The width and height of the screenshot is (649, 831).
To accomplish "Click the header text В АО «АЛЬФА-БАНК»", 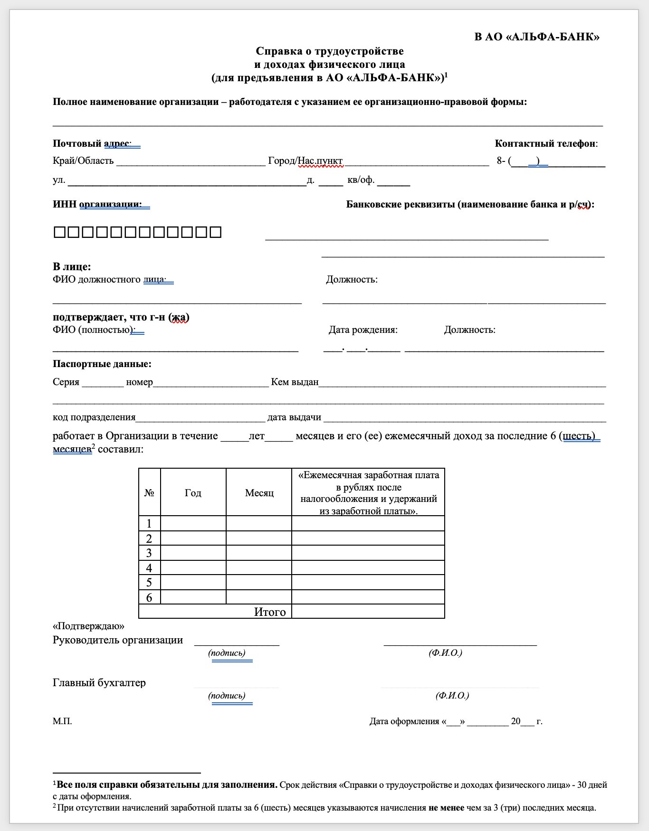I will click(536, 37).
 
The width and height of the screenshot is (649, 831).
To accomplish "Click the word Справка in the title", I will click(275, 51).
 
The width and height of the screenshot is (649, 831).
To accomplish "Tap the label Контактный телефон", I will click(545, 143).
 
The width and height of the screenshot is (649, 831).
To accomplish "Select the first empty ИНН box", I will click(59, 232).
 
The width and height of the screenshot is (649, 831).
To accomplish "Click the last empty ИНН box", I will click(216, 232).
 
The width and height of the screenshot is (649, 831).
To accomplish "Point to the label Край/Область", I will click(83, 161).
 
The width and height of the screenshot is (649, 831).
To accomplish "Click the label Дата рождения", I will click(363, 330).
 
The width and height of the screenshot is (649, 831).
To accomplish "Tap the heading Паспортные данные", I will click(102, 364).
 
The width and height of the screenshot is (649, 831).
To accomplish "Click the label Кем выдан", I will click(295, 382).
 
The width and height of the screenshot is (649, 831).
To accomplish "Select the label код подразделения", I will click(94, 417).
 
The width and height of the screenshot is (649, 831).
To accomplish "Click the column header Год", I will click(193, 493).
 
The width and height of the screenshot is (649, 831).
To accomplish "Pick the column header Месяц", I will click(259, 493).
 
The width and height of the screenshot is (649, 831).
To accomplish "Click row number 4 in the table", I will click(149, 568).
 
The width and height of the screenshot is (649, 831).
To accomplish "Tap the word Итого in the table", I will click(270, 612).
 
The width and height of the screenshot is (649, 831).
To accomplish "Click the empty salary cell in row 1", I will click(368, 523).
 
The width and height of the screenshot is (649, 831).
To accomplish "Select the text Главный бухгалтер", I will click(99, 682).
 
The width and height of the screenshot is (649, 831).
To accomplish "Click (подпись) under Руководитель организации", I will click(227, 653).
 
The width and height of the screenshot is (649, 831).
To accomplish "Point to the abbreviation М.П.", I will click(62, 721).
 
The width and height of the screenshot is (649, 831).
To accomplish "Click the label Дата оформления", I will click(404, 721).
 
